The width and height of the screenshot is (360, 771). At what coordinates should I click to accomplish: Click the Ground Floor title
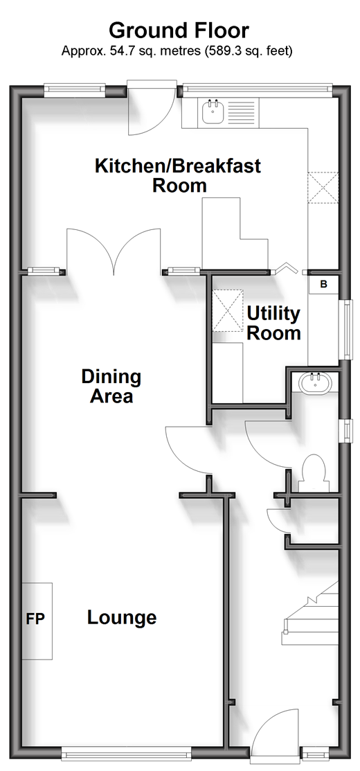click(x=179, y=30)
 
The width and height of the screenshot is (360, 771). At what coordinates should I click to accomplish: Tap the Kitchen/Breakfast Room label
click(x=178, y=175)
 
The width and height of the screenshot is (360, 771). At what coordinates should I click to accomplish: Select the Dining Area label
click(x=111, y=387)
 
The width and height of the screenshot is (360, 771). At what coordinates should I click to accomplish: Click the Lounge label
click(x=122, y=618)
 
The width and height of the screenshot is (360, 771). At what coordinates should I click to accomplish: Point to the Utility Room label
click(x=273, y=323)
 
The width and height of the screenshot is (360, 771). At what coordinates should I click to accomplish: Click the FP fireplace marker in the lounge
click(x=35, y=619)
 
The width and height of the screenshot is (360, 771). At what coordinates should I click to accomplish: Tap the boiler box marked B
click(x=324, y=284)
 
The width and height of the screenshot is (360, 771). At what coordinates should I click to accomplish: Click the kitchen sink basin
click(x=213, y=111)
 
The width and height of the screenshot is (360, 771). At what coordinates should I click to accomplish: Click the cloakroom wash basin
click(x=316, y=382)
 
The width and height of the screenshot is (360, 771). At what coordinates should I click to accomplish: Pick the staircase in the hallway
click(x=310, y=612)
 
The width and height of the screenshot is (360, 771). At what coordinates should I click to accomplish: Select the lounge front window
click(x=127, y=752)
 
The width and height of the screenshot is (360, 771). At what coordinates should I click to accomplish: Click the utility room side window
click(x=348, y=330)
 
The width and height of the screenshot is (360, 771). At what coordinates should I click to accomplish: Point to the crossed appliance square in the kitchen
click(x=323, y=187)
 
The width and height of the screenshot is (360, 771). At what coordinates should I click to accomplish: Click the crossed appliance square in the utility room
click(x=227, y=310)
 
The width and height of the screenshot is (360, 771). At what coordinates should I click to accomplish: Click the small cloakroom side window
click(x=348, y=429)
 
